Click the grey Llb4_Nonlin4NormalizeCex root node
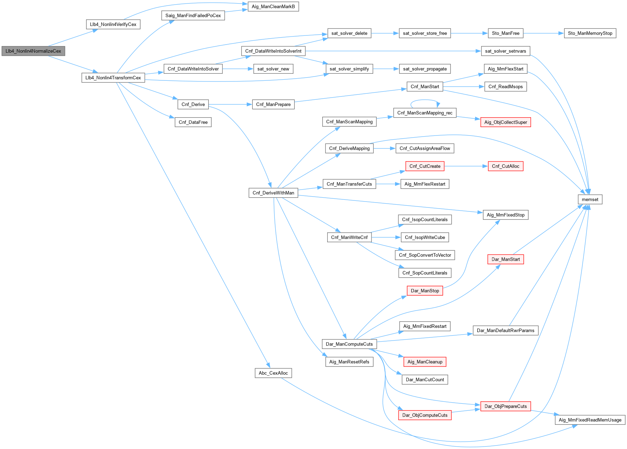pos(33,51)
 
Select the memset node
pos(590,199)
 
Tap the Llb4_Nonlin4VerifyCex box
pos(113,25)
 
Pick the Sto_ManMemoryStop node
pos(590,33)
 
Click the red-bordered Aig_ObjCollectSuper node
pos(505,122)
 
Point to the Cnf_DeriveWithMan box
pos(273,193)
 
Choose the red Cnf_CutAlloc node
pos(505,166)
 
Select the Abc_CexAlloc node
pos(273,373)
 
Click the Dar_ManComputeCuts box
pos(349,344)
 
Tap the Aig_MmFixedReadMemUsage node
pos(590,420)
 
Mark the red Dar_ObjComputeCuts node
pos(425,415)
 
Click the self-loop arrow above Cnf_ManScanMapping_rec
pos(425,100)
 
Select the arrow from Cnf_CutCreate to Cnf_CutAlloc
pos(466,166)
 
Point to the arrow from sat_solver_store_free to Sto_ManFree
pos(469,33)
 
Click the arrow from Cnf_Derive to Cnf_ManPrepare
pos(230,104)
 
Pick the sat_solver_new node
pos(273,69)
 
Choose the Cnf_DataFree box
pos(193,122)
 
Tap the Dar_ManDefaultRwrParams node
pos(505,330)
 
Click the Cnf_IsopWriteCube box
pos(425,237)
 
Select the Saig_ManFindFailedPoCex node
pos(193,15)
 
